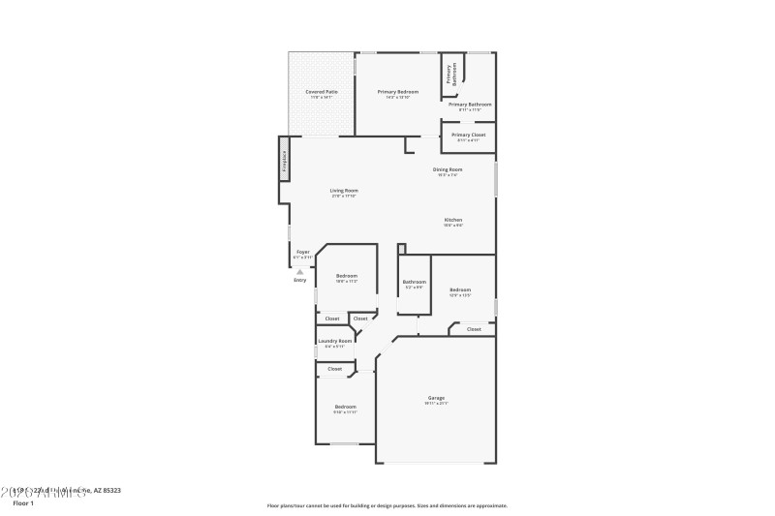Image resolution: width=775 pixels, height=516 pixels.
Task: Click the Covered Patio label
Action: click(x=321, y=92)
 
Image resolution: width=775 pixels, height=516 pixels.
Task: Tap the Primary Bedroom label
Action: click(x=397, y=92)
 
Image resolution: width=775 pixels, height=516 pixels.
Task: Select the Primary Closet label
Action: click(x=469, y=136)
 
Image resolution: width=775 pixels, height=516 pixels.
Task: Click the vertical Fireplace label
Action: click(x=284, y=161)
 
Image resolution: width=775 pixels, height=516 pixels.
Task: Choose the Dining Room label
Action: click(x=448, y=169)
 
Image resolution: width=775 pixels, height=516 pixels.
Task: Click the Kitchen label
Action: click(x=453, y=220)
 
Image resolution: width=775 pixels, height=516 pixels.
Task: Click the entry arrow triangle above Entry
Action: click(x=300, y=272)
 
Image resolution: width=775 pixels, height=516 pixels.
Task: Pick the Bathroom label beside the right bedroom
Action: click(x=414, y=282)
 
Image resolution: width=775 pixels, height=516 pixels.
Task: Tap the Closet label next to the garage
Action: click(x=474, y=329)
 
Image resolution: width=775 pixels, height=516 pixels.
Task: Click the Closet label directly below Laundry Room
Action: click(x=335, y=369)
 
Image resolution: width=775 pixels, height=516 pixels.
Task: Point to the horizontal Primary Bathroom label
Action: click(x=470, y=105)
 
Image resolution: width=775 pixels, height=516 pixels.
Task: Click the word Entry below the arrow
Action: click(x=300, y=280)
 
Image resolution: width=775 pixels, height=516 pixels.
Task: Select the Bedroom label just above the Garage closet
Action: click(x=460, y=289)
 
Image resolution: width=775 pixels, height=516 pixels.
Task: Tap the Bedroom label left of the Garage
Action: click(x=346, y=407)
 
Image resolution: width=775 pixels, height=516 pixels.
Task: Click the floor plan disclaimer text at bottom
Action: click(x=387, y=505)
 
